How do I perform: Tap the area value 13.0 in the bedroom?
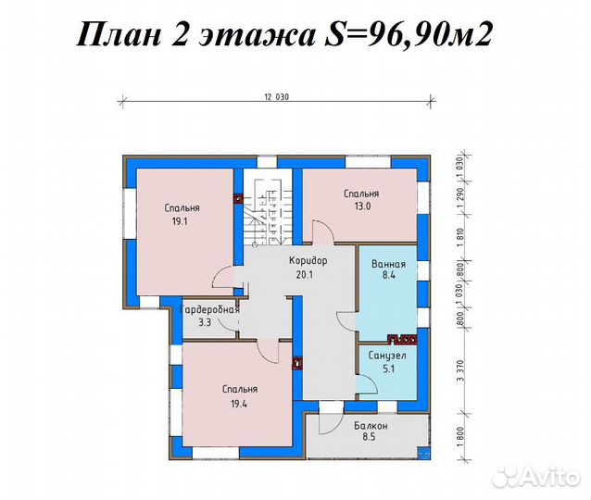(361, 206)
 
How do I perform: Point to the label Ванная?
(388, 264)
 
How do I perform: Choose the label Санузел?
(387, 355)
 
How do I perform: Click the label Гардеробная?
(209, 309)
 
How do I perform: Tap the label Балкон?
(370, 427)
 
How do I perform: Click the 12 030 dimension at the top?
(277, 96)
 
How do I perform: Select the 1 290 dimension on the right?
(460, 200)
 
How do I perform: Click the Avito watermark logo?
(538, 475)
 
